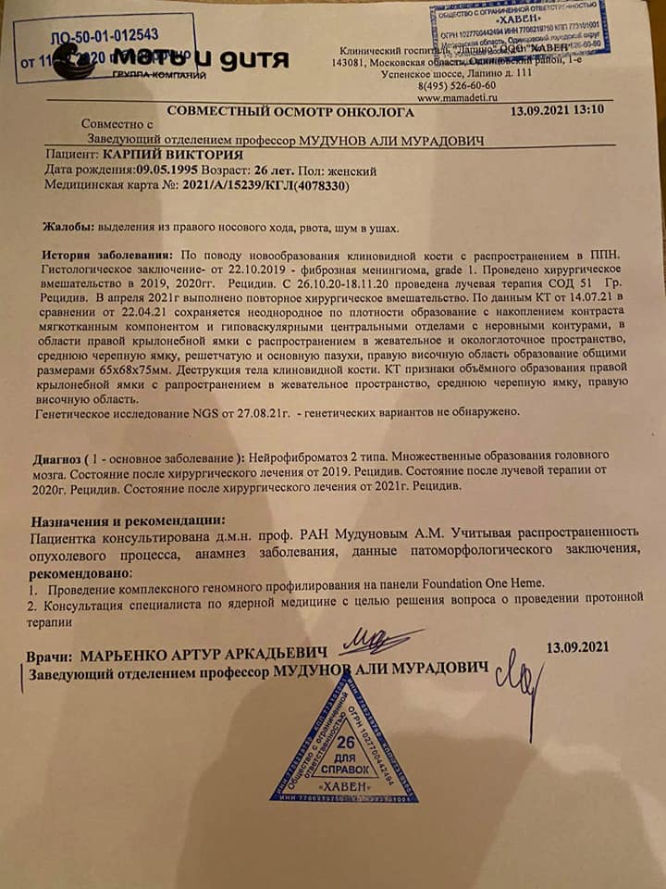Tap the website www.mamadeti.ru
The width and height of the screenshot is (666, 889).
click(458, 95)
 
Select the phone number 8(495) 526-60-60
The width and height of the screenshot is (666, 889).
click(458, 83)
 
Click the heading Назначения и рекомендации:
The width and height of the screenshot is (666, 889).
click(128, 520)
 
